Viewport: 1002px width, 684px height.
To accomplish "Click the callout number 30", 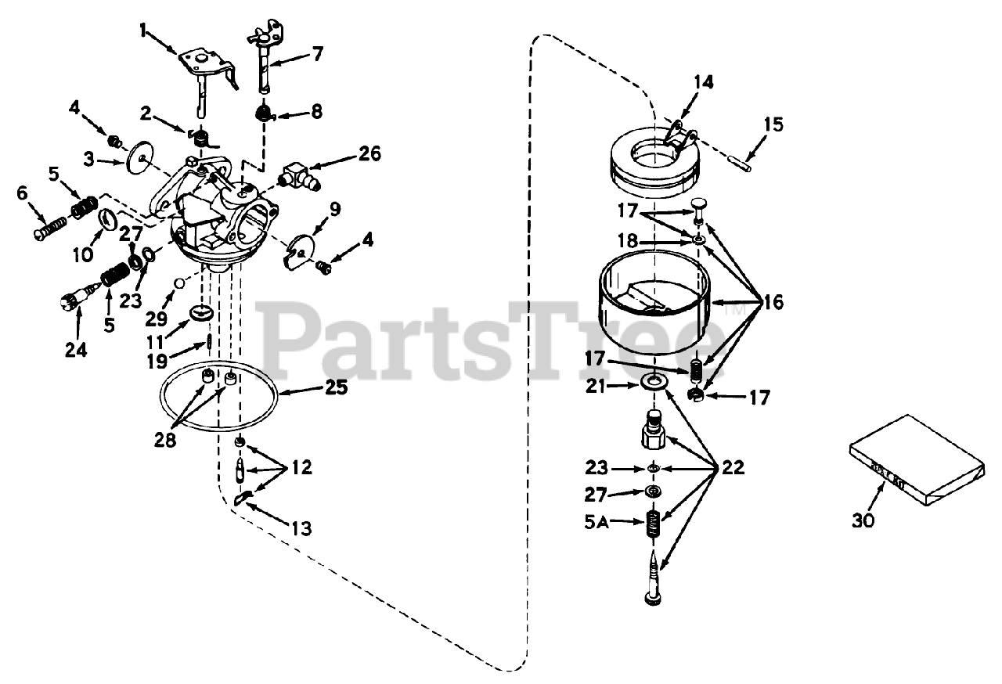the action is point(864,520).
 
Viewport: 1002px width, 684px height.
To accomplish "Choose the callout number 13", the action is point(301,530).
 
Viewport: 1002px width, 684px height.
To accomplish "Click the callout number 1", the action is point(143,31).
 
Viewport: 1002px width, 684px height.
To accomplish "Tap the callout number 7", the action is point(317,54).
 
